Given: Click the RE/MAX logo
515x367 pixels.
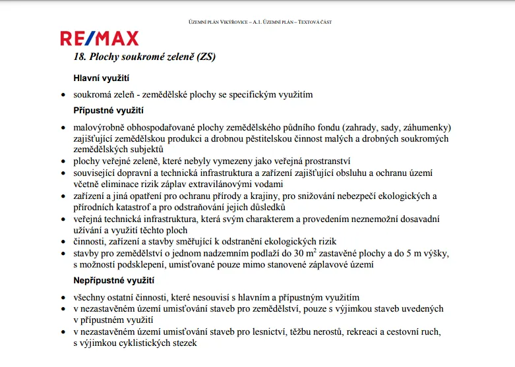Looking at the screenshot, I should (100, 38).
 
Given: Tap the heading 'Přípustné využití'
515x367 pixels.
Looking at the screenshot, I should (109, 110).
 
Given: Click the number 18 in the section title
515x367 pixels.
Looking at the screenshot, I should (80, 57).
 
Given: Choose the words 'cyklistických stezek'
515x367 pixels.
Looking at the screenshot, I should (156, 343).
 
